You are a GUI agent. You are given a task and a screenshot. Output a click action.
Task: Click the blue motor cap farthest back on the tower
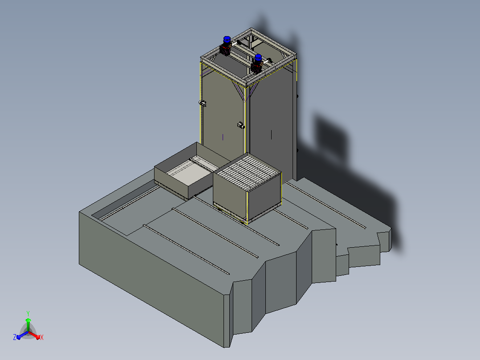coord(227,39)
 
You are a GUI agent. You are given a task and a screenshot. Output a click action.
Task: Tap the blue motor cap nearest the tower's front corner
coord(258,57)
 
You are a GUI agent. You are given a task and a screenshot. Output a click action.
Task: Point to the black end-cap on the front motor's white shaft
coord(270,60)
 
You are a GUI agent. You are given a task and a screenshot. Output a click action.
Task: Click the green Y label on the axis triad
coord(28,313)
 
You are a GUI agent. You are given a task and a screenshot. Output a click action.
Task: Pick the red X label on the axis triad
coord(42,337)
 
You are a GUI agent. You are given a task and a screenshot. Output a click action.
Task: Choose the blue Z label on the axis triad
coord(14,337)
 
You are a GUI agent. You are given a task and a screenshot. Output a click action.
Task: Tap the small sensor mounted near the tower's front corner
coord(241,125)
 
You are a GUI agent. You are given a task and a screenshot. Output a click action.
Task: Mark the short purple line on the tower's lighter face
coord(223,137)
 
